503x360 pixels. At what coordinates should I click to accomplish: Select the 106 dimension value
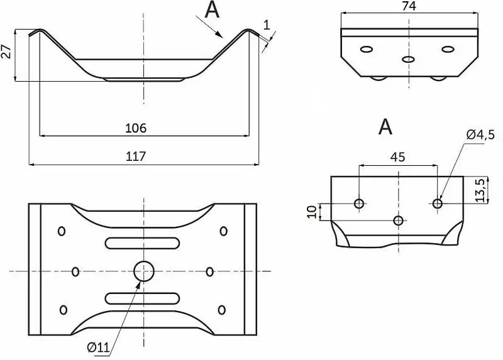(136, 128)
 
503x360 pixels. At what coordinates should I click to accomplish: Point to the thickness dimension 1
(267, 25)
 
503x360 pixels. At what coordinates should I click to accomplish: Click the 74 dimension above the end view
(409, 6)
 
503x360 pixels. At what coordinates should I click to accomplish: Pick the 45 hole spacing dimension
(397, 157)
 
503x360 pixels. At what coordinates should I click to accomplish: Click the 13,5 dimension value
(480, 191)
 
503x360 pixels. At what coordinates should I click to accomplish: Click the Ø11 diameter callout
(99, 346)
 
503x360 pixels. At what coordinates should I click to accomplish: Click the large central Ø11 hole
(144, 271)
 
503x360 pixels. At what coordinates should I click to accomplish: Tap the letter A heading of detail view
(385, 127)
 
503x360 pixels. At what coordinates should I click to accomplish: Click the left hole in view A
(359, 203)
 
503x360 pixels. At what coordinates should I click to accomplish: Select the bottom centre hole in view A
(398, 220)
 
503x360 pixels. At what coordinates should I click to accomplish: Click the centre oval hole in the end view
(409, 59)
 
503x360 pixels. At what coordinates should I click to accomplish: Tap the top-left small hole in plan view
(62, 231)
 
